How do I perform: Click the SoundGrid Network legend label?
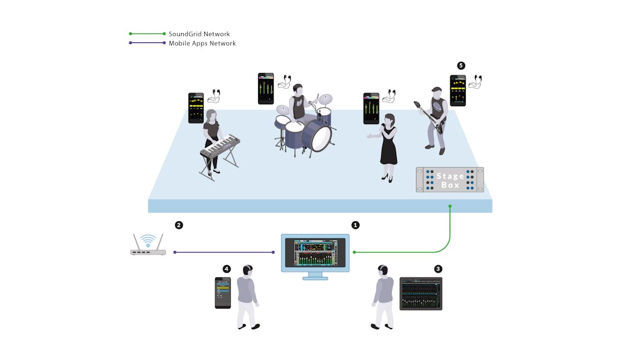click(199, 34)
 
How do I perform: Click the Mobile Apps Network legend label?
click(202, 43)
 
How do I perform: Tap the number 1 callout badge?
click(356, 225)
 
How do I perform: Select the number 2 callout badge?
click(179, 225)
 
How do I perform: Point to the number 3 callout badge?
click(438, 269)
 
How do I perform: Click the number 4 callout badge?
click(226, 269)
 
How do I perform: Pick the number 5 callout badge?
click(461, 66)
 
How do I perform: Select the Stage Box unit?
click(450, 180)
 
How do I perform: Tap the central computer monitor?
click(316, 253)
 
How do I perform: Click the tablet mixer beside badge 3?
click(421, 293)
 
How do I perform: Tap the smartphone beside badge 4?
click(223, 293)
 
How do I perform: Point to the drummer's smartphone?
click(266, 89)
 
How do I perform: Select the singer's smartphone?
click(371, 108)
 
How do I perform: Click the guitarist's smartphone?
click(458, 90)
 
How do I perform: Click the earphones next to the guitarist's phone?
click(476, 82)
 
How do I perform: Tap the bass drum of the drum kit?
click(321, 137)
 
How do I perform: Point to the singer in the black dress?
click(387, 145)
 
